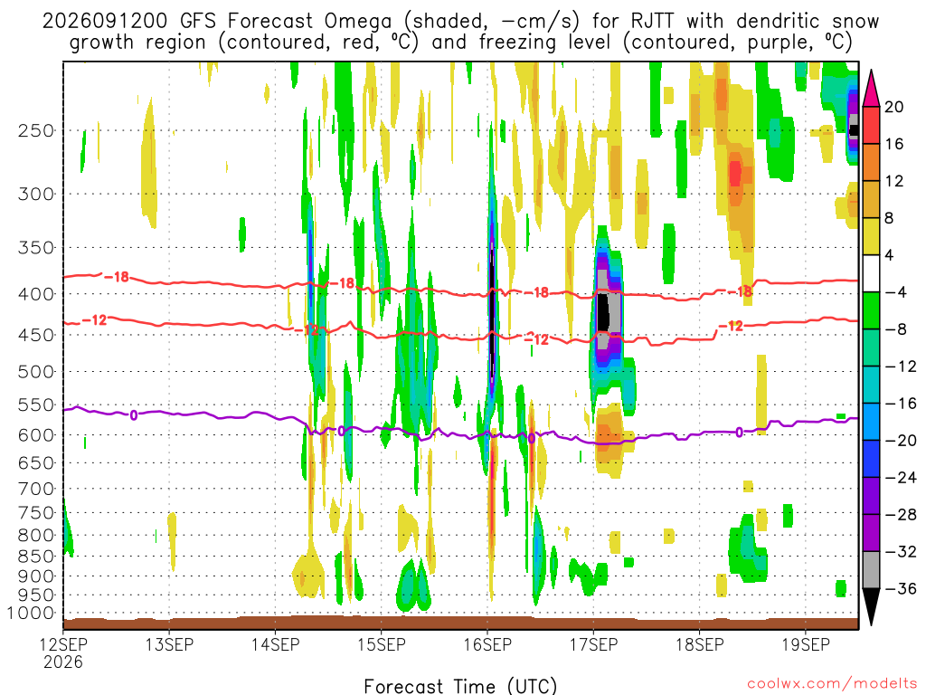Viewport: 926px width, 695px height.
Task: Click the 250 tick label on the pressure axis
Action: pyautogui.click(x=36, y=130)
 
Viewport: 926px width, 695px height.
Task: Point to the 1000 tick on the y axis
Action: pyautogui.click(x=32, y=614)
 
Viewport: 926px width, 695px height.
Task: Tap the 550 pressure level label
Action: pyautogui.click(x=36, y=405)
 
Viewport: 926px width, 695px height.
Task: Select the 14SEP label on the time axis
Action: pyautogui.click(x=275, y=644)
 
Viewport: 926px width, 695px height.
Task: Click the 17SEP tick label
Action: pyautogui.click(x=593, y=644)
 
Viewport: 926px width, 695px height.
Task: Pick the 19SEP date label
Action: pyautogui.click(x=806, y=644)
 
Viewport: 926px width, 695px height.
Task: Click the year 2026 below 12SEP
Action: pyautogui.click(x=62, y=662)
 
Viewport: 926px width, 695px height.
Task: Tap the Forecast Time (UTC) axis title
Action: pyautogui.click(x=460, y=686)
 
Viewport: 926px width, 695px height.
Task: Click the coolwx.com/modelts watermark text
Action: pyautogui.click(x=832, y=683)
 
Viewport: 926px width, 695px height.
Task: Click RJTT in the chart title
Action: pyautogui.click(x=652, y=22)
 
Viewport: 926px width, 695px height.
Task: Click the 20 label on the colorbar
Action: pyautogui.click(x=893, y=107)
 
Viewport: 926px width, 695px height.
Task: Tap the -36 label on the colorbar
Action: pyautogui.click(x=900, y=588)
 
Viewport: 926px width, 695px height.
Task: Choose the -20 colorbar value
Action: pyautogui.click(x=900, y=441)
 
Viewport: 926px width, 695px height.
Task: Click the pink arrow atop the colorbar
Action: pyautogui.click(x=871, y=89)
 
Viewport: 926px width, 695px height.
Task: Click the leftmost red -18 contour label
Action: pyautogui.click(x=117, y=277)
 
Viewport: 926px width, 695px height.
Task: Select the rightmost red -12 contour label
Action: pyautogui.click(x=731, y=326)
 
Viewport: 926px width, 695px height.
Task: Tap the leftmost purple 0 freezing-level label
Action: pyautogui.click(x=134, y=415)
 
